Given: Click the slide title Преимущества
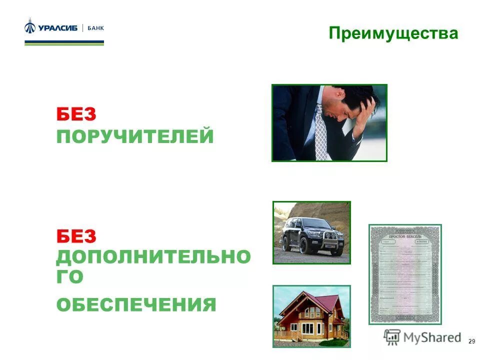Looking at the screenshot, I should coord(393,33).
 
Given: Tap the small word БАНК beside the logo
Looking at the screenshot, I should coord(95,28).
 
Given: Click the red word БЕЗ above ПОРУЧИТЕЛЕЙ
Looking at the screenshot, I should coord(76,114).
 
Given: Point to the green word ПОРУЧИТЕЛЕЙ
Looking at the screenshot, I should coord(135,136).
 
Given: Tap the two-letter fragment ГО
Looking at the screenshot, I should coord(69,277).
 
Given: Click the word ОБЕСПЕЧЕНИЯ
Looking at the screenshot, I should coord(136,304).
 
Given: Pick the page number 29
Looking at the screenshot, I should coord(471,341).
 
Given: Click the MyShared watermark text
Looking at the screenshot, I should coord(432,337).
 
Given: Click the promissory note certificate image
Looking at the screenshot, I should coord(405,274).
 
